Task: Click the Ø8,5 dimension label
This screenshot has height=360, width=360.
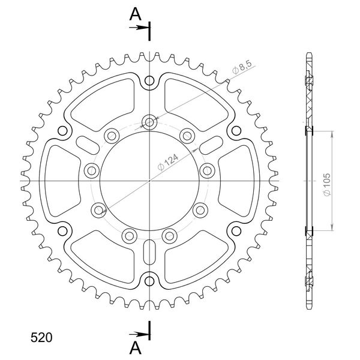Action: click(x=242, y=67)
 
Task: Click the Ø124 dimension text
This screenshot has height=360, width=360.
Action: click(x=168, y=163)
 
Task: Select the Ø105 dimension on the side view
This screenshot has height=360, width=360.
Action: click(x=327, y=185)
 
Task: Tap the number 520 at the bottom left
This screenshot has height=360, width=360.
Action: click(x=41, y=337)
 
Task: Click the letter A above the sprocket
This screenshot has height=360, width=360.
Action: click(x=135, y=14)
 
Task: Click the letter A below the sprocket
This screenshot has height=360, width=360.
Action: click(x=135, y=348)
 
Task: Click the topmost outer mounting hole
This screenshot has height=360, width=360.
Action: click(x=149, y=80)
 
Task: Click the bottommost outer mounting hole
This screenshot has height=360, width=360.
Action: click(x=149, y=281)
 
